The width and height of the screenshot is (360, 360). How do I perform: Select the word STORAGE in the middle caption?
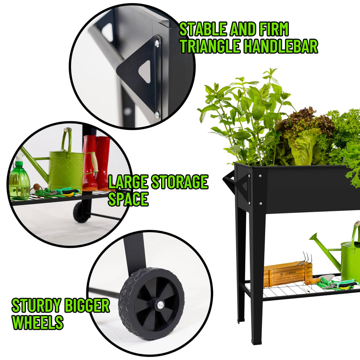click(179, 182)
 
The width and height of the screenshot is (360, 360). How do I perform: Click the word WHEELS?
click(38, 322)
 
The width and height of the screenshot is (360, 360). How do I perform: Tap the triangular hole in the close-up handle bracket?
click(144, 71)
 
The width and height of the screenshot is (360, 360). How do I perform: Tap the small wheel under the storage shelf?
click(81, 212)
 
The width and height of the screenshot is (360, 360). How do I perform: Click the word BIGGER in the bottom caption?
click(86, 306)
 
